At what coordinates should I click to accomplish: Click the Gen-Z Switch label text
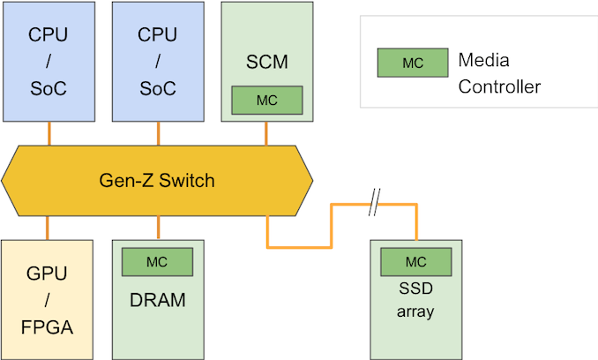[158, 182]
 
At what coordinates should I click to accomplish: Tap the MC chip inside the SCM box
[267, 100]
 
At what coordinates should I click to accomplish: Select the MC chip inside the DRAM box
[158, 262]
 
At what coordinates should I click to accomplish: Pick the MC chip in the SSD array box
[415, 262]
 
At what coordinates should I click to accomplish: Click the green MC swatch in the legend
[412, 63]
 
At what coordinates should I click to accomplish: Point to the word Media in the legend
[484, 61]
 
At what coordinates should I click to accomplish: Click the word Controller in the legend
[500, 86]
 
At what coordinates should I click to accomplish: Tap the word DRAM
[158, 300]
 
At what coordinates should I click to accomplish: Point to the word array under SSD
[415, 311]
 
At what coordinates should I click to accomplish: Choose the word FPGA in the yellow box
[48, 329]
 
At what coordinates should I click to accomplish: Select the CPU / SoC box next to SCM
[158, 62]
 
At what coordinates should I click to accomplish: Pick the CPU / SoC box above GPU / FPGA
[48, 62]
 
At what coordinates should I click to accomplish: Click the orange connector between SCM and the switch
[267, 132]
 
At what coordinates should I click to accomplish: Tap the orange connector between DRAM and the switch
[159, 227]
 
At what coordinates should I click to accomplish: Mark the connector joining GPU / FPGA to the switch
[48, 227]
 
